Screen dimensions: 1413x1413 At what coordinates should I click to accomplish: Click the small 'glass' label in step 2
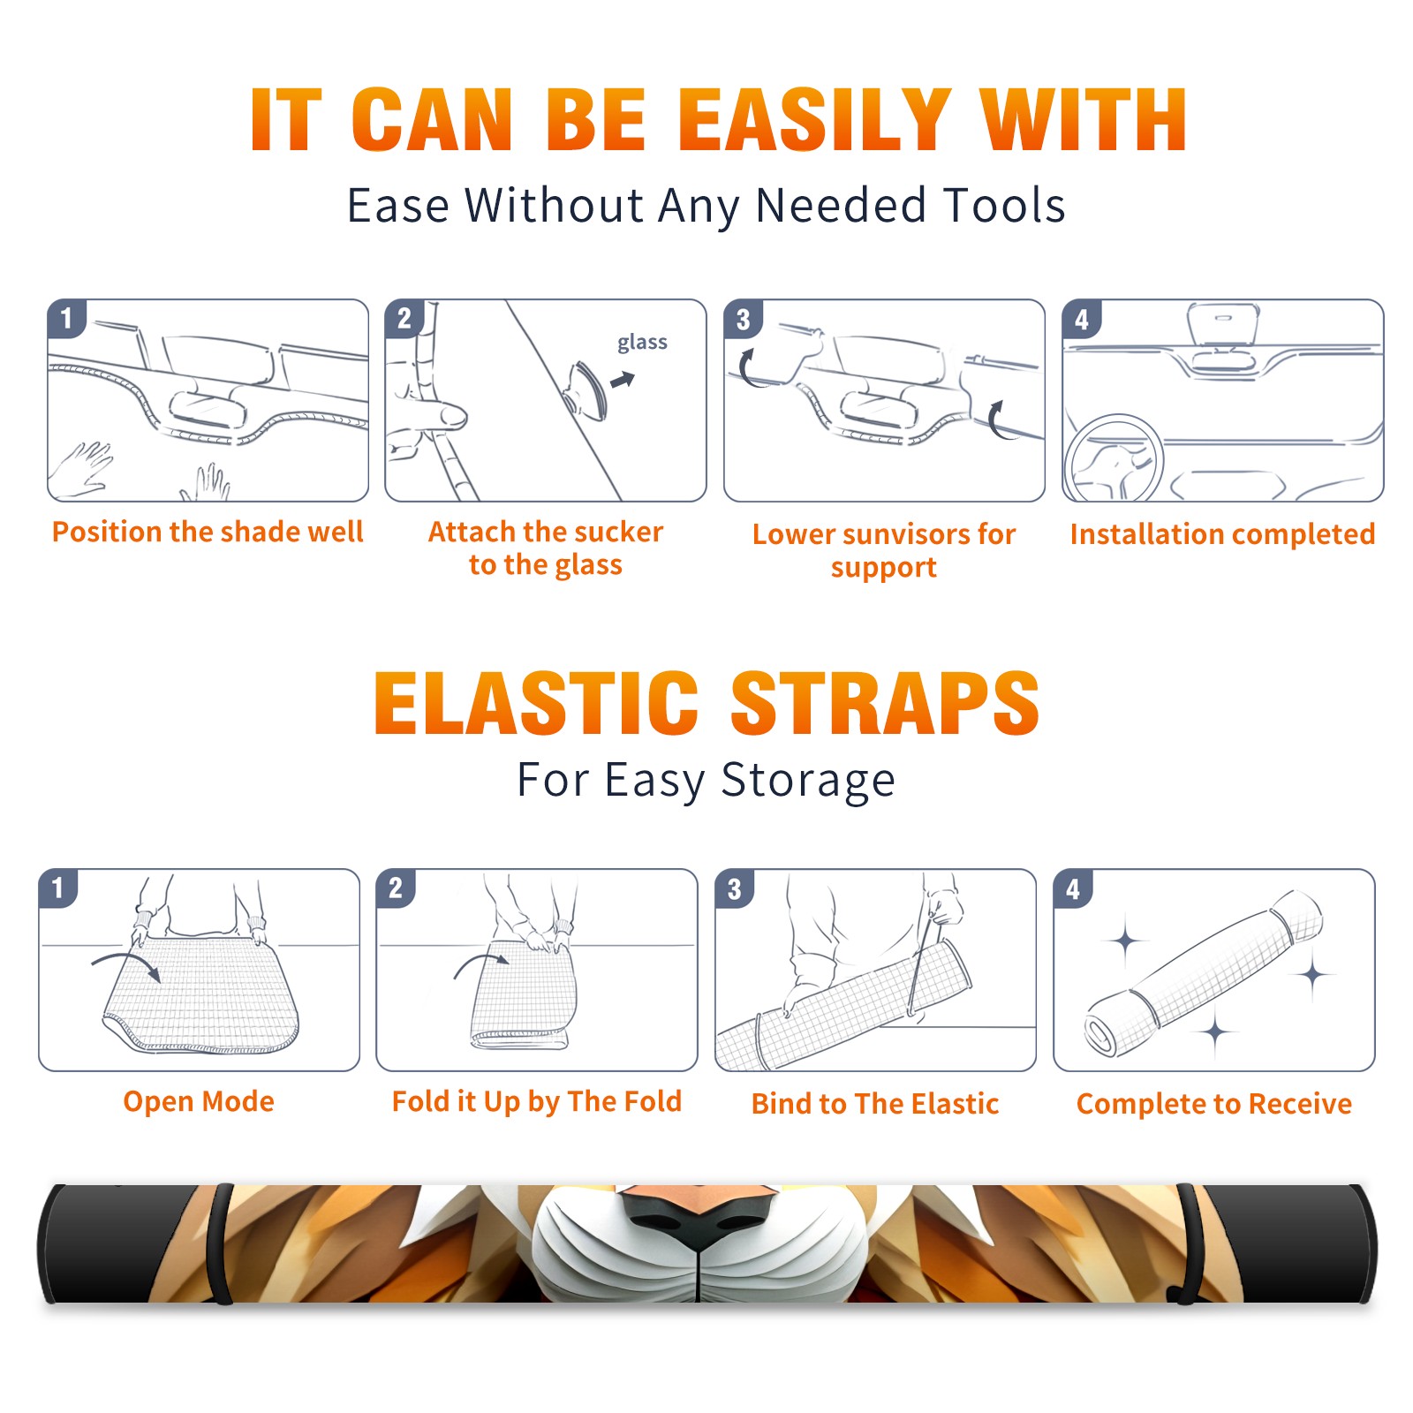tap(642, 343)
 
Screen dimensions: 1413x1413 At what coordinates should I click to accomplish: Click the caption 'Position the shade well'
tap(208, 532)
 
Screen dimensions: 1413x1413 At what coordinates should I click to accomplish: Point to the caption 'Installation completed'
tap(1222, 534)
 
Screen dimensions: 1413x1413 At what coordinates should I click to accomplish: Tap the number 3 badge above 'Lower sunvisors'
tap(743, 320)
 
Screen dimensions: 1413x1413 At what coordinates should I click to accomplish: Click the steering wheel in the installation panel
tap(1114, 459)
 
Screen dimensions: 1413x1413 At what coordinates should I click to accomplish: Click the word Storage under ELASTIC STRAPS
tap(808, 781)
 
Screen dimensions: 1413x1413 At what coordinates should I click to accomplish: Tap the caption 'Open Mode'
tap(199, 1101)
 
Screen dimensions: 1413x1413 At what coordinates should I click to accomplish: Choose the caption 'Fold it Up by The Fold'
tap(537, 1101)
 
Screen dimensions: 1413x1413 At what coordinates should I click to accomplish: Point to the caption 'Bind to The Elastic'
tap(875, 1104)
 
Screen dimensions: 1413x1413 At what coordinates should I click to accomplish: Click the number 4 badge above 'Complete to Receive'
tap(1073, 888)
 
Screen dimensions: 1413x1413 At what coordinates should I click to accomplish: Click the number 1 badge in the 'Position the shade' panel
tap(66, 318)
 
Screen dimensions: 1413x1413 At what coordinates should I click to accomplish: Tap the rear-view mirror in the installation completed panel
tap(1222, 325)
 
